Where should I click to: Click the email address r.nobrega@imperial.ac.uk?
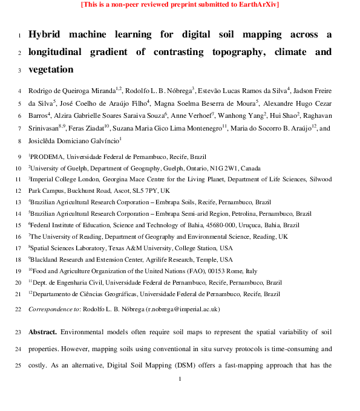tap(183, 309)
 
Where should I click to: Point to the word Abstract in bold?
tap(43, 332)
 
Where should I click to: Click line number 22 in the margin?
tap(17, 309)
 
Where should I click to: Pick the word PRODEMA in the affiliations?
tap(47, 157)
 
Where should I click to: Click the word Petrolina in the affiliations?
tap(244, 213)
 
